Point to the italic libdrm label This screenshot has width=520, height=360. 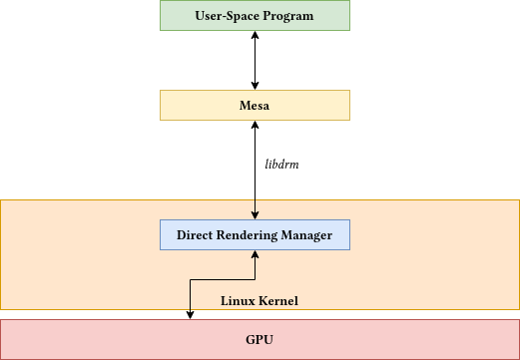(x=282, y=163)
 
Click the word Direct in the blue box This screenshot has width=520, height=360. (x=198, y=235)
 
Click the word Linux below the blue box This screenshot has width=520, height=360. (x=239, y=300)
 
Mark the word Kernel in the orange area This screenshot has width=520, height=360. (x=277, y=300)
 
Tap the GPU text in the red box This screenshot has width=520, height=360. (x=260, y=340)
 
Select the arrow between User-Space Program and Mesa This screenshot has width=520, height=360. (x=256, y=60)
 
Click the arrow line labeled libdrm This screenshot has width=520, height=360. (x=256, y=175)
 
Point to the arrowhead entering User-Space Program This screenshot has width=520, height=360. (x=256, y=35)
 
